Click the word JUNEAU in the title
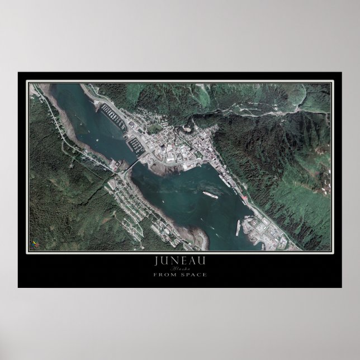179,260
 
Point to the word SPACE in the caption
192,274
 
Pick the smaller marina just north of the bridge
136,146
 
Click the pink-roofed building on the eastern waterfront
244,198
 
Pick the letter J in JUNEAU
155,260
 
